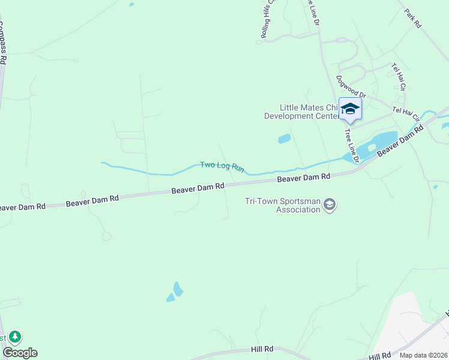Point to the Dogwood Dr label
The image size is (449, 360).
pos(351,86)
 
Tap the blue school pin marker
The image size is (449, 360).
pos(350,109)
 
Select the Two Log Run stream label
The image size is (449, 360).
pos(222,166)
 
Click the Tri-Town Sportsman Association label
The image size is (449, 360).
pos(282,205)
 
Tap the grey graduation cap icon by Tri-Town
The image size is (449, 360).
pos(329,205)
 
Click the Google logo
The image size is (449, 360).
pos(19,353)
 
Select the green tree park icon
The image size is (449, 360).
pos(14,337)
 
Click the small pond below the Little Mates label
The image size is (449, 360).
pos(284,139)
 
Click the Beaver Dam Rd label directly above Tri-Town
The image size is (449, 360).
pos(303,178)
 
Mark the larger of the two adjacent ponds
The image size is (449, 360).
pos(178,289)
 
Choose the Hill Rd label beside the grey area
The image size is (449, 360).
pos(381,356)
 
